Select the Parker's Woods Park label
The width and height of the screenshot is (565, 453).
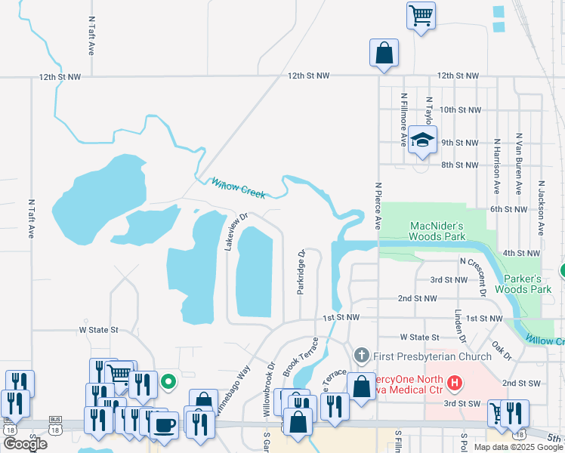pos(523,284)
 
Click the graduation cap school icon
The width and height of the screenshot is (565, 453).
pos(423,140)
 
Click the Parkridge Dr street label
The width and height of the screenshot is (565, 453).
pos(301,273)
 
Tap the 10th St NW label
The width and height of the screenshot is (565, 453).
pos(460,109)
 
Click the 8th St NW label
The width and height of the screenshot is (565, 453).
pos(460,165)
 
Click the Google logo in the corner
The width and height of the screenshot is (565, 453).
pos(25,444)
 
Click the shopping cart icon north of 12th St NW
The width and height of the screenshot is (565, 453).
pos(421,14)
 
